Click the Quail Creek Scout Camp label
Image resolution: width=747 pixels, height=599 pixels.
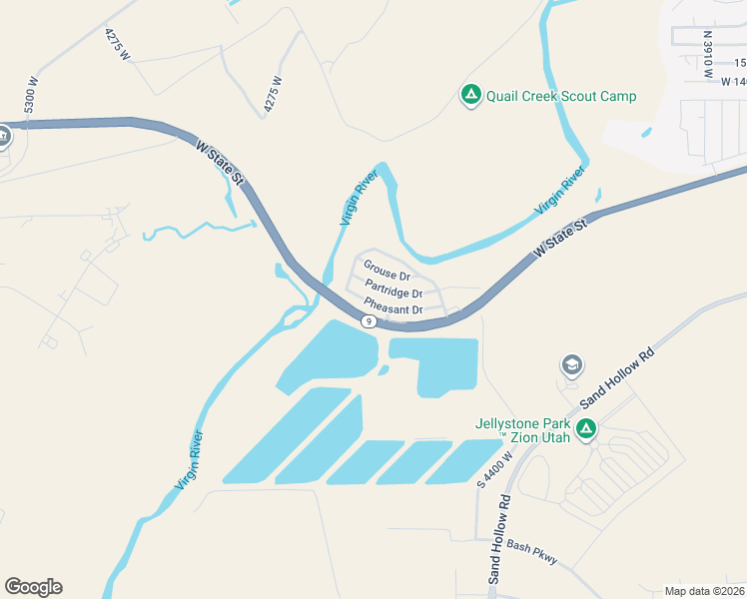click(x=561, y=97)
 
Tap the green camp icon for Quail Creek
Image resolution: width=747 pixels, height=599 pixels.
click(x=470, y=96)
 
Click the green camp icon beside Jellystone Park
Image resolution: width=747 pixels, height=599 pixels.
click(x=586, y=430)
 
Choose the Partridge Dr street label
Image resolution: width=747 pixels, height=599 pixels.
click(x=393, y=293)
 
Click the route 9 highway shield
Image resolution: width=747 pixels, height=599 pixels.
click(x=369, y=320)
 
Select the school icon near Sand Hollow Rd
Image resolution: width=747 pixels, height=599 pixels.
click(x=572, y=366)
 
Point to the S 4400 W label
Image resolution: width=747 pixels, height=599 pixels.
click(x=494, y=469)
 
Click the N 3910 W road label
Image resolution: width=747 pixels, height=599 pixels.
click(x=707, y=54)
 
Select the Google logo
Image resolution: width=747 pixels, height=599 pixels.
click(x=33, y=587)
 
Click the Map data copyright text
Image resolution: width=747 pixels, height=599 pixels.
click(x=704, y=591)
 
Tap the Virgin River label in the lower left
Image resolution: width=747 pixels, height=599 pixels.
click(x=190, y=459)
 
